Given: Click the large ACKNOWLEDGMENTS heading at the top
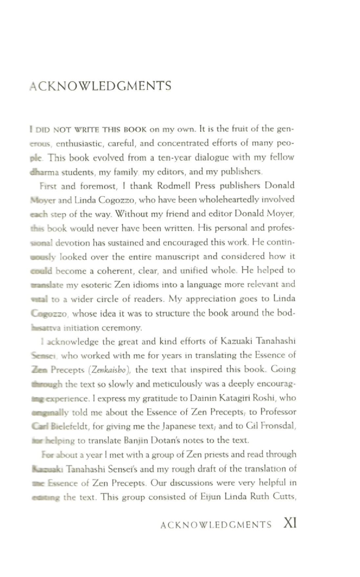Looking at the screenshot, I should [x=100, y=86].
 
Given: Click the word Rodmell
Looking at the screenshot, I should [x=174, y=186].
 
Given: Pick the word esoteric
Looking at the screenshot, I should [x=96, y=285].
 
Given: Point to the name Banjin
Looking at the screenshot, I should [x=135, y=440].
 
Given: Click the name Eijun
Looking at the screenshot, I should [x=211, y=497].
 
